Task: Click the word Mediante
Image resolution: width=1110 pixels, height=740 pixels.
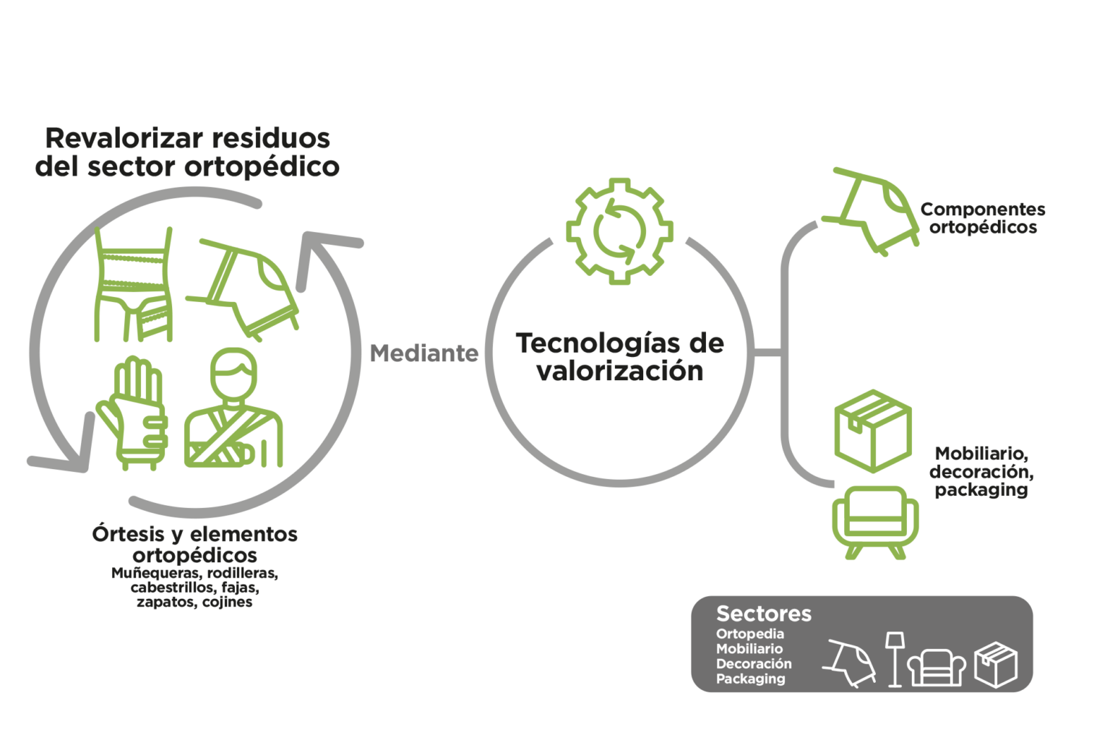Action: coord(424,353)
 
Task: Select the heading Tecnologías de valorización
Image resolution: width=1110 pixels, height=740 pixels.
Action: coord(620,357)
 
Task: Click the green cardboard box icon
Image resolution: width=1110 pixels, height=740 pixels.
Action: coord(873,431)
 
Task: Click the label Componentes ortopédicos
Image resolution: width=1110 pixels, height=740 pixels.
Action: coord(983,218)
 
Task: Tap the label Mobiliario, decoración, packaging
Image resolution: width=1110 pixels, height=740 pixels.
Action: coord(981,471)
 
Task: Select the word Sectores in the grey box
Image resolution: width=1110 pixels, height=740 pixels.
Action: coord(764,614)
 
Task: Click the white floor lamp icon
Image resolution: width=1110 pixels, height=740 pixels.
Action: coord(895,660)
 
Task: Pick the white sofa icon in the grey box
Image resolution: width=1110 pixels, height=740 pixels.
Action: coord(937,668)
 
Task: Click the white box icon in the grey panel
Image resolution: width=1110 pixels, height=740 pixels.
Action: coord(996,665)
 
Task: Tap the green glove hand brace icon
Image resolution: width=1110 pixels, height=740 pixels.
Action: coord(132,413)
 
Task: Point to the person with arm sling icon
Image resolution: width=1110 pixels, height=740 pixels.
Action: coord(233,408)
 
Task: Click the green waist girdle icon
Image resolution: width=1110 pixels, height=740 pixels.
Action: coord(133,284)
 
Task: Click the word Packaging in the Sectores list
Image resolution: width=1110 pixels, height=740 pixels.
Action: coord(750,679)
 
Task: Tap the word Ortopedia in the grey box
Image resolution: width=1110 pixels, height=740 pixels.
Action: coord(749,634)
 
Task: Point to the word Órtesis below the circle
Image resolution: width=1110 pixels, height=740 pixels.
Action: coord(128,534)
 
